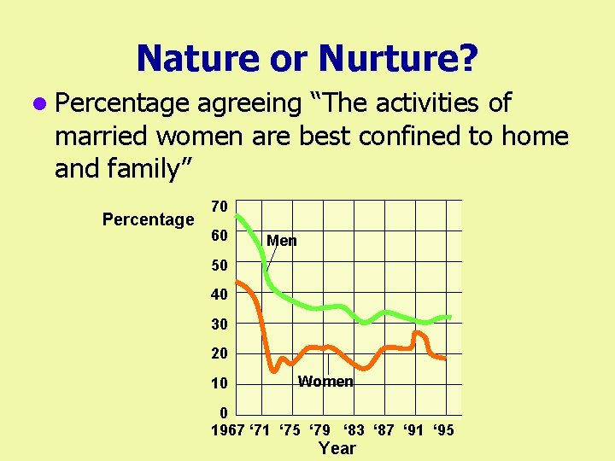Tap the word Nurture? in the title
(x=398, y=58)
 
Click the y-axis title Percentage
(x=148, y=219)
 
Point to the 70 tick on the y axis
(x=219, y=206)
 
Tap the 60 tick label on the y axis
(x=219, y=236)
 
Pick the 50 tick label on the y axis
(x=219, y=266)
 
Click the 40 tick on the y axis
(x=219, y=295)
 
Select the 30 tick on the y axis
(x=219, y=324)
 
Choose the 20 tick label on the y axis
(x=219, y=353)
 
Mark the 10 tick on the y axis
(x=219, y=383)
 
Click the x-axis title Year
(x=337, y=448)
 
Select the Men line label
(x=282, y=242)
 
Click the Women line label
(x=325, y=382)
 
